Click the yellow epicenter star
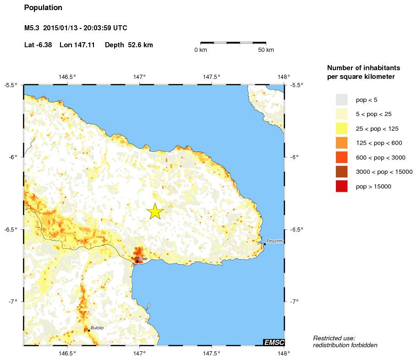click(x=155, y=211)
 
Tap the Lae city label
click(x=143, y=259)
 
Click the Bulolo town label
click(x=97, y=327)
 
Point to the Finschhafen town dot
click(x=265, y=244)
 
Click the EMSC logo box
click(x=274, y=342)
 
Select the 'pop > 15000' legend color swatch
click(x=341, y=186)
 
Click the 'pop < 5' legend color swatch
click(x=341, y=100)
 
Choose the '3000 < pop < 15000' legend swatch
click(x=341, y=172)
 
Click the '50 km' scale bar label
click(x=266, y=50)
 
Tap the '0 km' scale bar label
click(x=201, y=50)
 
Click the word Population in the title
click(x=43, y=8)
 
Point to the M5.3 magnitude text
click(x=32, y=28)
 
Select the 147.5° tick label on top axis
click(x=212, y=77)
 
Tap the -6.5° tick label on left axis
click(x=10, y=229)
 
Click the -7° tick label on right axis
click(x=295, y=301)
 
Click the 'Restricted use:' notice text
click(x=334, y=338)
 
